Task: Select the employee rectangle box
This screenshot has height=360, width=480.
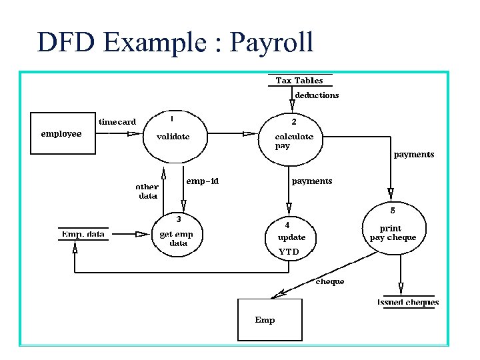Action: click(x=61, y=134)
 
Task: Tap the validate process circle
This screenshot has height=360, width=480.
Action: click(x=173, y=137)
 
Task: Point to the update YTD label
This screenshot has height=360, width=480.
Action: click(x=291, y=243)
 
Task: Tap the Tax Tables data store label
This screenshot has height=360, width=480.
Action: click(x=299, y=81)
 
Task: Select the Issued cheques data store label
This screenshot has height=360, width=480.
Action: click(x=408, y=302)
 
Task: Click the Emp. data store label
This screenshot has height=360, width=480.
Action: click(x=83, y=234)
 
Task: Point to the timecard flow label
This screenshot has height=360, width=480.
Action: click(x=117, y=122)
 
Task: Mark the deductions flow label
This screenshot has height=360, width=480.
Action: click(x=317, y=95)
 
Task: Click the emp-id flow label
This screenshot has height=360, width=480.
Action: click(x=203, y=181)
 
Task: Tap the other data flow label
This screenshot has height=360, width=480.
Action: click(x=147, y=191)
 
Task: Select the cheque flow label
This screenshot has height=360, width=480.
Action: click(x=330, y=281)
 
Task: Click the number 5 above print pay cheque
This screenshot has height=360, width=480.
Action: click(x=393, y=211)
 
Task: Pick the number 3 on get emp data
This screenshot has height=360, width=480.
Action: click(x=178, y=219)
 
